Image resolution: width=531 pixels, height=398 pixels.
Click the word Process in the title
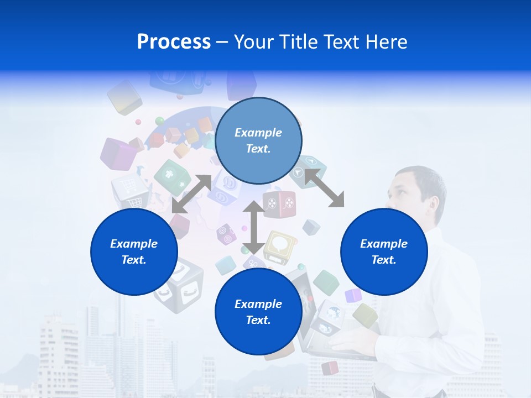coord(174,42)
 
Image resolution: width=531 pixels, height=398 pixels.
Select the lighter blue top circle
coord(258,140)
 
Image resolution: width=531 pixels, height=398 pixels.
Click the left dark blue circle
coord(134,252)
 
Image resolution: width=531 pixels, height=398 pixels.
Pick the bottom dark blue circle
coord(258,312)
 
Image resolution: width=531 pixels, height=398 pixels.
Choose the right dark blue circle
coord(384,252)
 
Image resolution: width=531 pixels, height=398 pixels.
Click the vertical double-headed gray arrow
coord(254,228)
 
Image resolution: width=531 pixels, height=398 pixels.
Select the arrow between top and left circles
coord(191,194)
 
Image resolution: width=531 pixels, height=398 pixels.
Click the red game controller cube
coord(279,204)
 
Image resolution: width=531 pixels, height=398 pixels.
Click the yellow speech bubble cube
coord(280,247)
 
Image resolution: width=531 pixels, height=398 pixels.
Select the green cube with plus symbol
coord(172,177)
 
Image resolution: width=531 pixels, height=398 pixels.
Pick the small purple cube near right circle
coord(353,296)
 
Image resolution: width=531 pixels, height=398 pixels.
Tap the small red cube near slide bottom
coord(330,368)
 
